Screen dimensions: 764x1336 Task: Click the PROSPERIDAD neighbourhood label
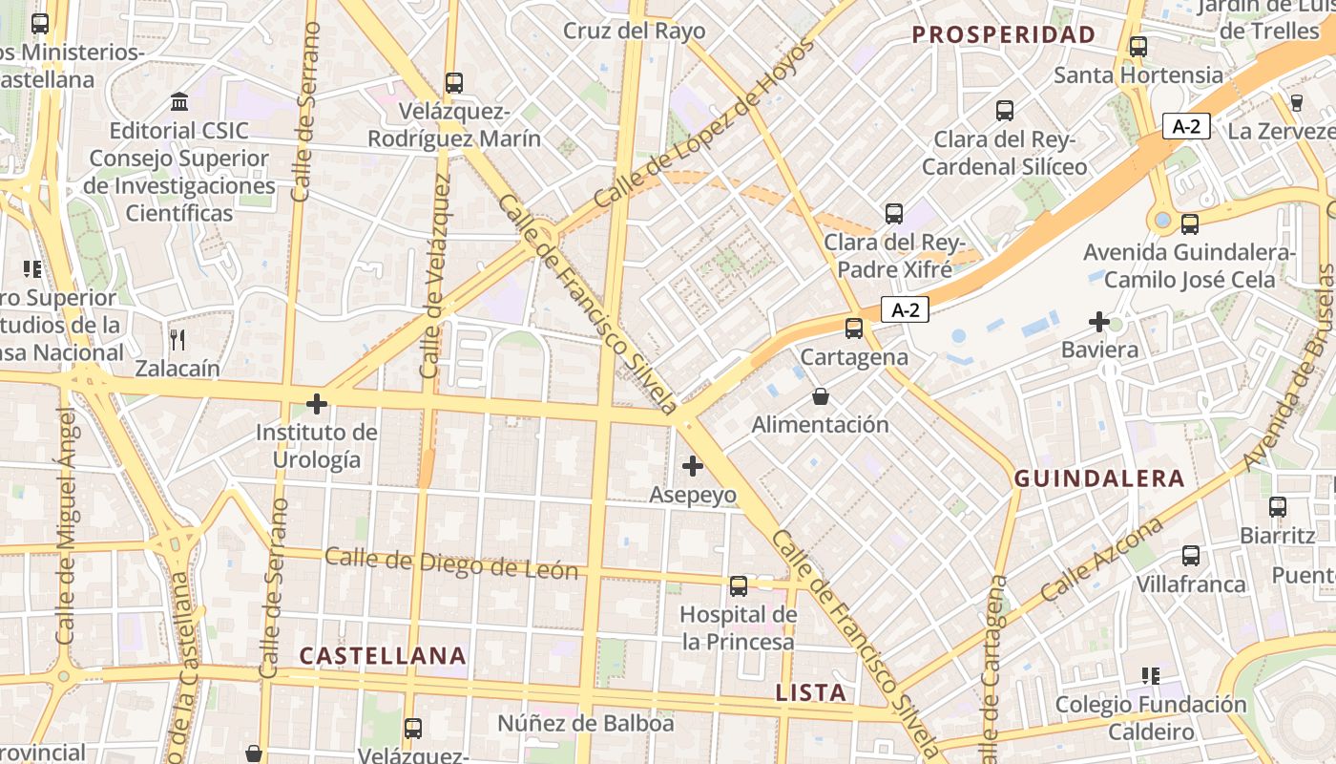pyautogui.click(x=1003, y=35)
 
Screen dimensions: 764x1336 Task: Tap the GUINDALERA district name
pyautogui.click(x=1099, y=478)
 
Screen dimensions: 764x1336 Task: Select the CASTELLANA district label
pyautogui.click(x=383, y=656)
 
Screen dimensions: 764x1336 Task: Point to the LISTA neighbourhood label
pyautogui.click(x=810, y=692)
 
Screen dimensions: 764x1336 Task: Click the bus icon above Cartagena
pyautogui.click(x=854, y=329)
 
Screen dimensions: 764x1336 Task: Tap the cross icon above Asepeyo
pyautogui.click(x=693, y=466)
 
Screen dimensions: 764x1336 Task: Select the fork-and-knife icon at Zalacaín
pyautogui.click(x=177, y=338)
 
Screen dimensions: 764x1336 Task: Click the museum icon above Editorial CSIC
pyautogui.click(x=178, y=101)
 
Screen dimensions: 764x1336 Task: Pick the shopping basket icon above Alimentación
pyautogui.click(x=820, y=395)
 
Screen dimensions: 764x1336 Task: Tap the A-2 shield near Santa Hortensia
pyautogui.click(x=1186, y=126)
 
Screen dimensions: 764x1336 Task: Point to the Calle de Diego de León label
pyautogui.click(x=451, y=563)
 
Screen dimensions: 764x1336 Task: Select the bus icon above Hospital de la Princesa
pyautogui.click(x=739, y=585)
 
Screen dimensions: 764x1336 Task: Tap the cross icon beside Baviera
pyautogui.click(x=1099, y=322)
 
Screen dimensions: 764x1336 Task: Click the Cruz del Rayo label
pyautogui.click(x=634, y=31)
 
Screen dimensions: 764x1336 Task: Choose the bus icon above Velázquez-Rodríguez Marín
pyautogui.click(x=454, y=83)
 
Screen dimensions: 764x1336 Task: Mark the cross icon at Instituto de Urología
pyautogui.click(x=317, y=404)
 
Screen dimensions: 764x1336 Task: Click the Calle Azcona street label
pyautogui.click(x=1102, y=560)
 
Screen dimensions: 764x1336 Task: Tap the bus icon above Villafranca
pyautogui.click(x=1191, y=555)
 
